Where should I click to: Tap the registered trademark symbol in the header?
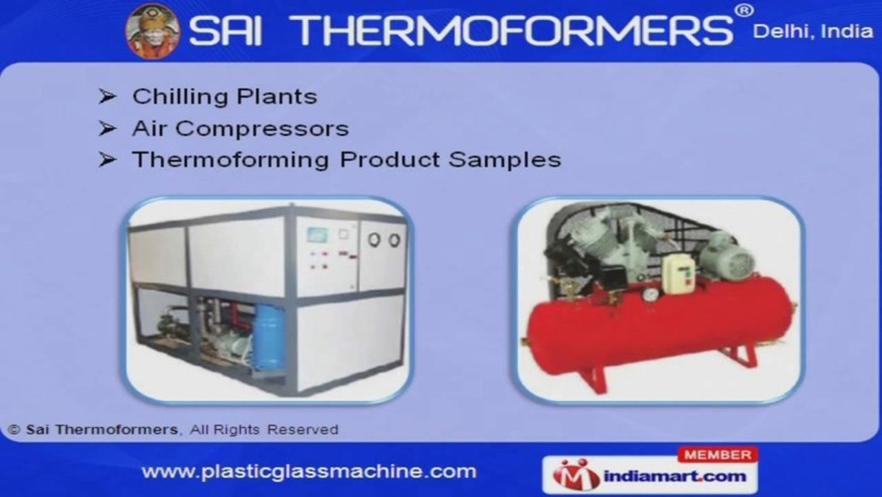pyautogui.click(x=744, y=10)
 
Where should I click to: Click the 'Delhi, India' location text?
pyautogui.click(x=813, y=32)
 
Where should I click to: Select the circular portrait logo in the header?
pyautogui.click(x=153, y=31)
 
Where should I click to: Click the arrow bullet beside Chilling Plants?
pyautogui.click(x=107, y=96)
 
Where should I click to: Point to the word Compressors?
pyautogui.click(x=262, y=129)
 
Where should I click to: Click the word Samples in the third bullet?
pyautogui.click(x=505, y=160)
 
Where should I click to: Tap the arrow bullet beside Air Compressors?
pyautogui.click(x=107, y=128)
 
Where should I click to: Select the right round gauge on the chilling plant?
pyautogui.click(x=394, y=240)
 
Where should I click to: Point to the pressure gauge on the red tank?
pyautogui.click(x=651, y=294)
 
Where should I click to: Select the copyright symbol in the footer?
pyautogui.click(x=14, y=429)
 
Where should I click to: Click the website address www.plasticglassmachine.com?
pyautogui.click(x=309, y=471)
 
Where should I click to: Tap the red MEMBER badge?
pyautogui.click(x=718, y=455)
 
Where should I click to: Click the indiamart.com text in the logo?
pyautogui.click(x=675, y=476)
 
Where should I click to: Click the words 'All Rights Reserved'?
pyautogui.click(x=264, y=429)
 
